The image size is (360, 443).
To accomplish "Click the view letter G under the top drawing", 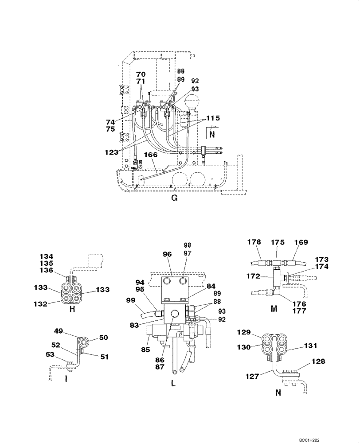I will point(174,198).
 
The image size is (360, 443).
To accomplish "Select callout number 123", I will point(112,152).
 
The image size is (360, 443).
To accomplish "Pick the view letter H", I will point(72,309).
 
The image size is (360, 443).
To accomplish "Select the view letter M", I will point(274,308).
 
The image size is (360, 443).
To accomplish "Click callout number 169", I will point(301,242).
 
